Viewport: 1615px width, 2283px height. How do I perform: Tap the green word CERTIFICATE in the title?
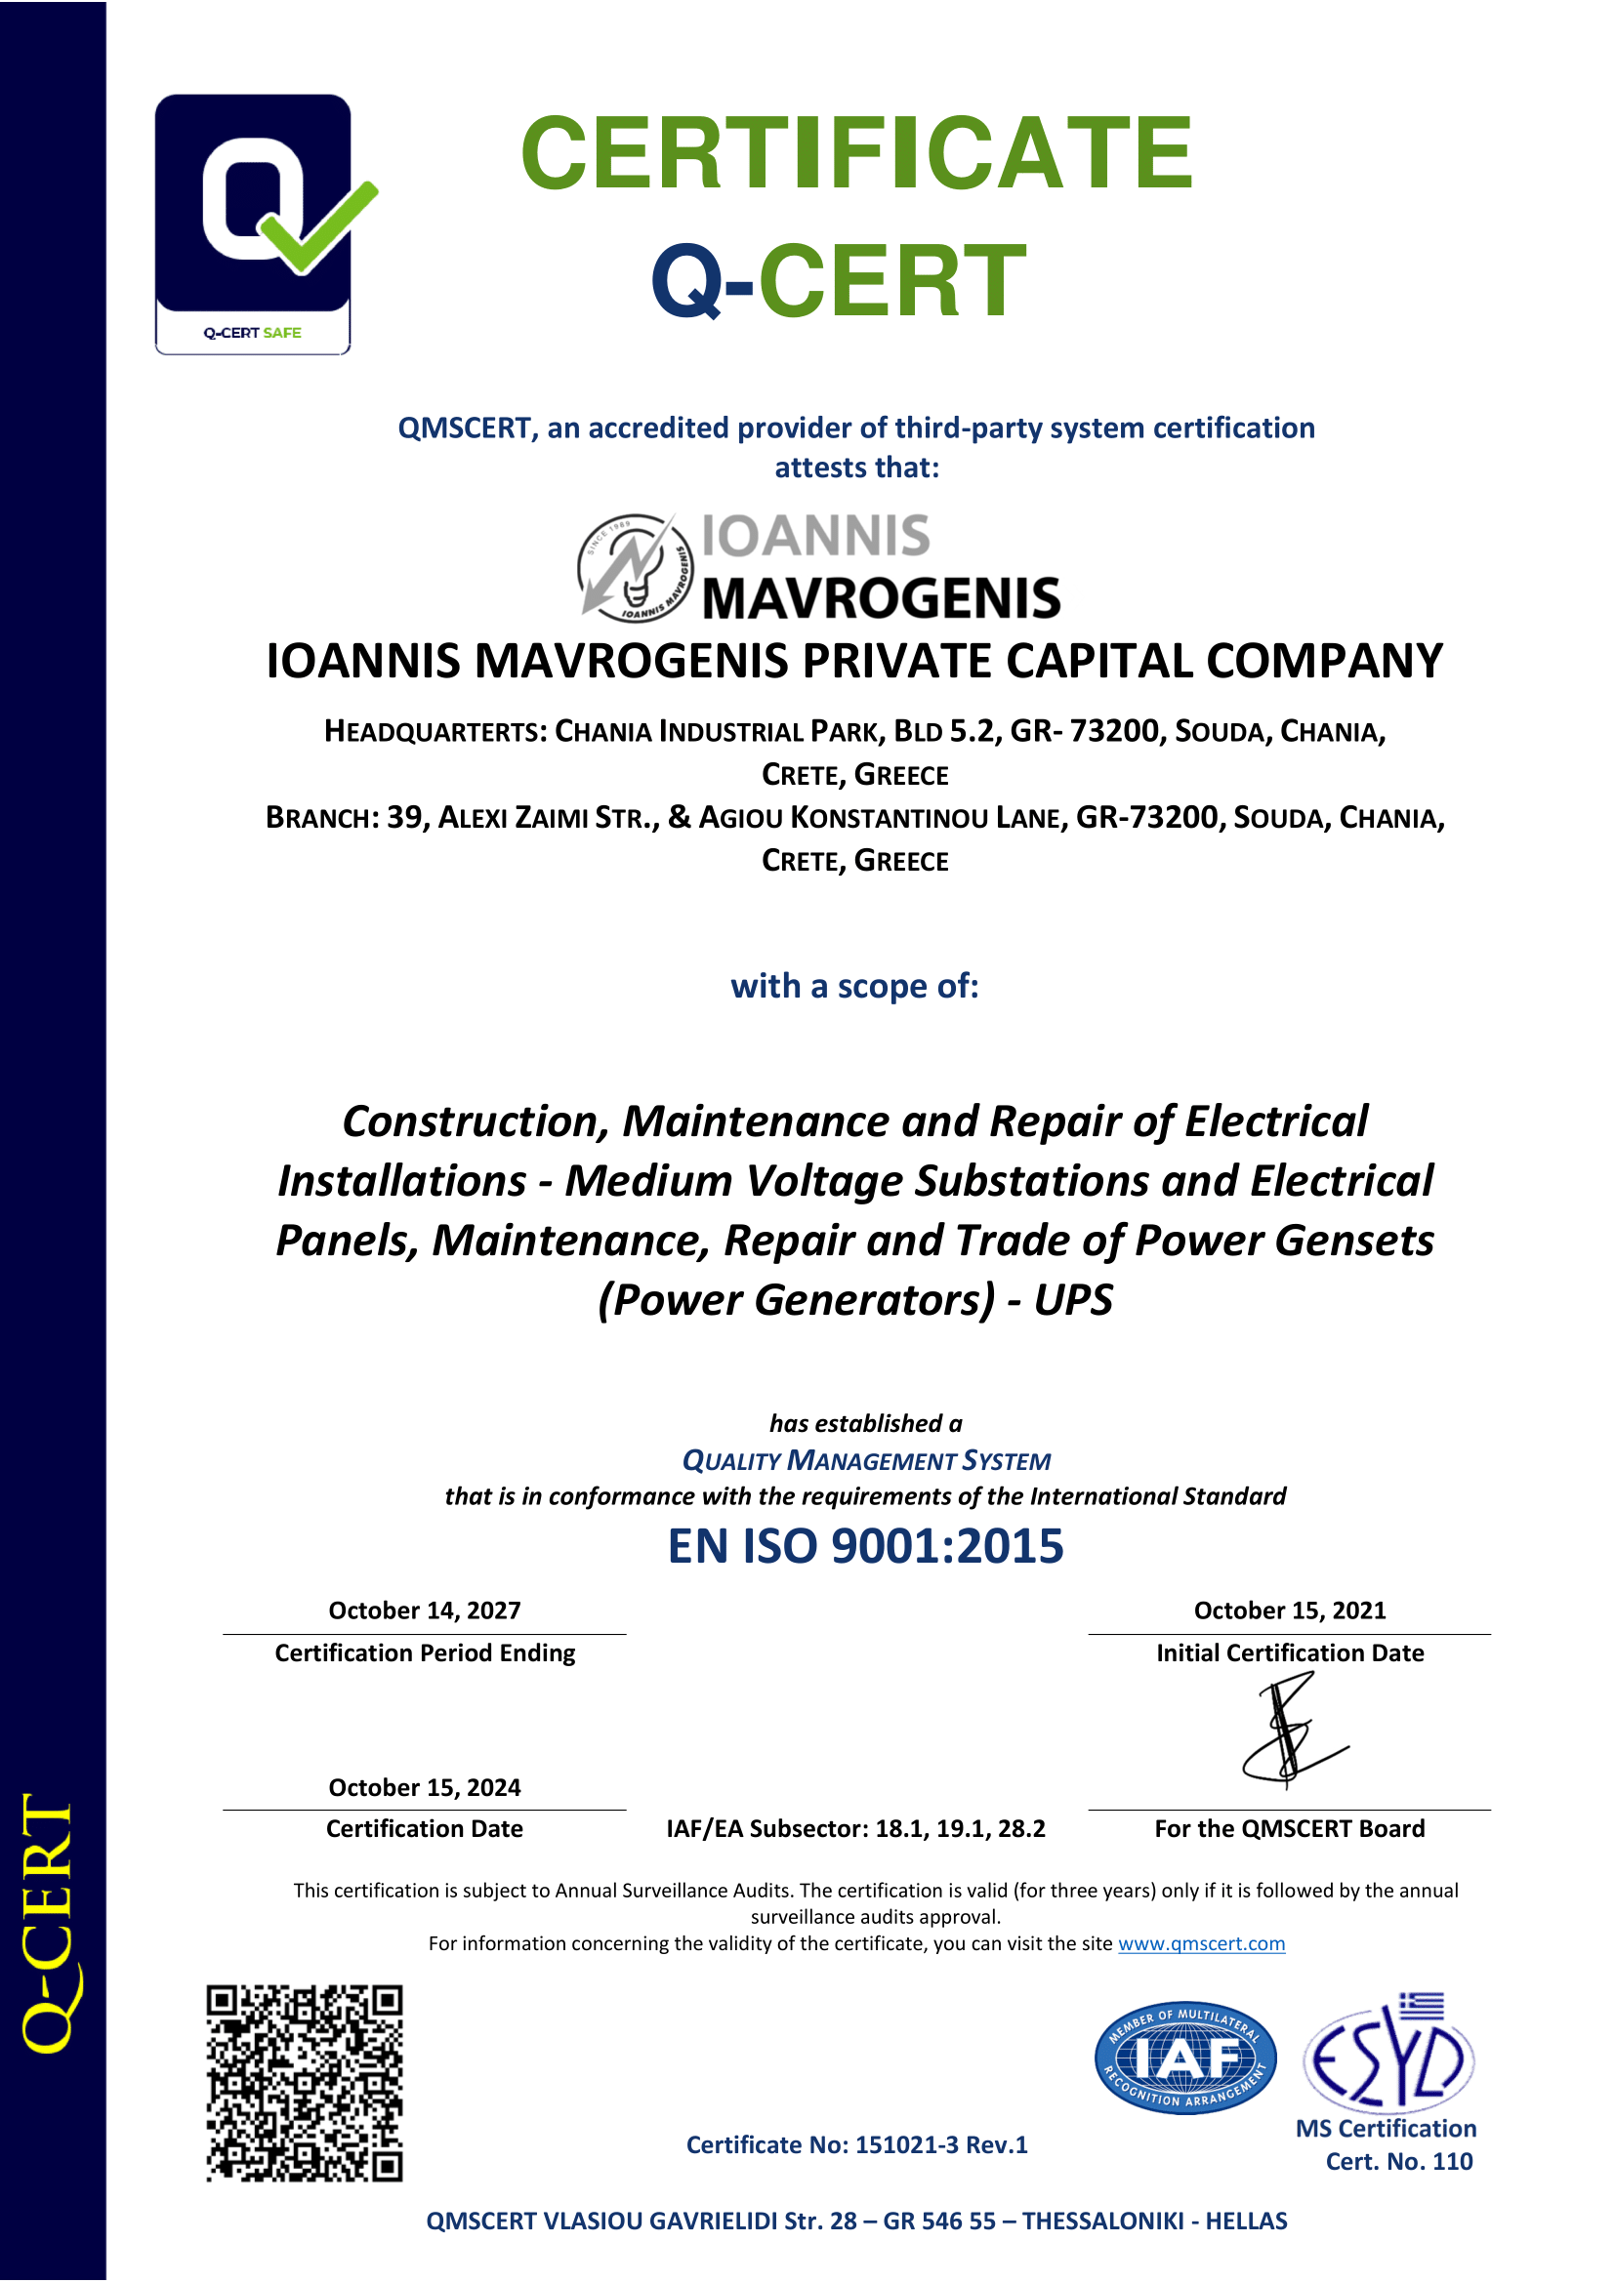(x=855, y=153)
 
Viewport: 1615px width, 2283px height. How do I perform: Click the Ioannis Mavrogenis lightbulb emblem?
(x=635, y=568)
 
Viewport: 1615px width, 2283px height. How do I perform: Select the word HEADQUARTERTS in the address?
(x=434, y=732)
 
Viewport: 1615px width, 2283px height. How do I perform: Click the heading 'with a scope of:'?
(x=854, y=986)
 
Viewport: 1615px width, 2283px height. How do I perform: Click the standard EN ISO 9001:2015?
(x=865, y=1546)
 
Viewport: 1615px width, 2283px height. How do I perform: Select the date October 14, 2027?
(x=425, y=1610)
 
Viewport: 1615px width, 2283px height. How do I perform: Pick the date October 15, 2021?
(x=1289, y=1610)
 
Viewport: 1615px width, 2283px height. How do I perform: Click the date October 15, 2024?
(x=425, y=1787)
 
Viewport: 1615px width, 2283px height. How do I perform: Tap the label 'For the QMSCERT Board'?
(x=1289, y=1828)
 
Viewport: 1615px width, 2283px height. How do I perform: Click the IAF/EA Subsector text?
(x=855, y=1828)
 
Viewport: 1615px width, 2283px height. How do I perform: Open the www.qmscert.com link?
(x=1201, y=1943)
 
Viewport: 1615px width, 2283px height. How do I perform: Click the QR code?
(x=305, y=2083)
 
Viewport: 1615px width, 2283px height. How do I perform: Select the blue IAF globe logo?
(x=1184, y=2058)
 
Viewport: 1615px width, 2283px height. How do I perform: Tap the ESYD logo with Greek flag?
(x=1389, y=2055)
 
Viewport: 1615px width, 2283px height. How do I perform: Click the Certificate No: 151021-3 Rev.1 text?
(x=856, y=2144)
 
